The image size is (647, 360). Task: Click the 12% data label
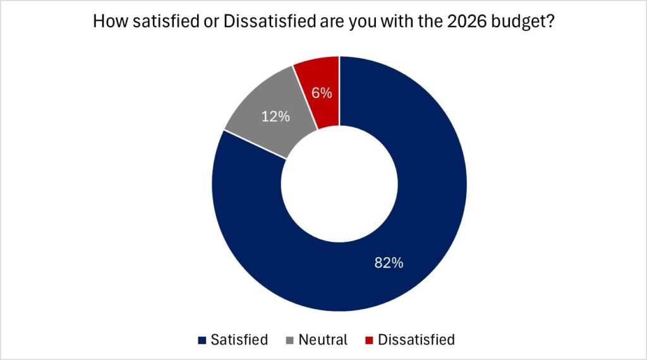tap(276, 116)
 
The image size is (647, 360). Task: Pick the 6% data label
tap(322, 92)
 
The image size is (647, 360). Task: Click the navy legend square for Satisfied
tap(202, 340)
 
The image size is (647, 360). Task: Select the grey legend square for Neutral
tap(289, 340)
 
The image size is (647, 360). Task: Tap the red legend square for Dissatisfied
tap(368, 340)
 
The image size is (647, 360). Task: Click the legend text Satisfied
tap(239, 340)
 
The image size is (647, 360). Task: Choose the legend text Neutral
tap(323, 340)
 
